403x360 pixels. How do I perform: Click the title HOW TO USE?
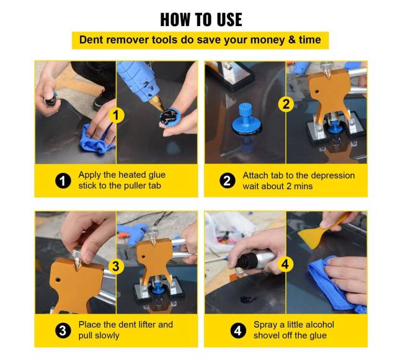[x=201, y=19]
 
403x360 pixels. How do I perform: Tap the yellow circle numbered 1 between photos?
[x=116, y=115]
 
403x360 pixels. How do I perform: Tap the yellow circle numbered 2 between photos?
[x=286, y=104]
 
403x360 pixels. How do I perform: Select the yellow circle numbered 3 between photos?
[x=116, y=266]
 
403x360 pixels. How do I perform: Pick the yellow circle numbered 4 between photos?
[x=285, y=265]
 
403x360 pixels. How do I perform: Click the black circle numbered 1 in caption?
[x=63, y=181]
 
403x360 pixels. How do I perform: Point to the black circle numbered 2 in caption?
[x=227, y=180]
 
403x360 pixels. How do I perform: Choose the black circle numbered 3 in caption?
[x=63, y=330]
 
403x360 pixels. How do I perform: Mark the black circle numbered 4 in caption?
[x=238, y=330]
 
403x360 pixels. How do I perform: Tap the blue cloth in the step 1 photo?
[x=95, y=139]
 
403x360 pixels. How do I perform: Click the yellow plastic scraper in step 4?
[x=321, y=231]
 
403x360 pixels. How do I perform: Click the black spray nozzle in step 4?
[x=246, y=261]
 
